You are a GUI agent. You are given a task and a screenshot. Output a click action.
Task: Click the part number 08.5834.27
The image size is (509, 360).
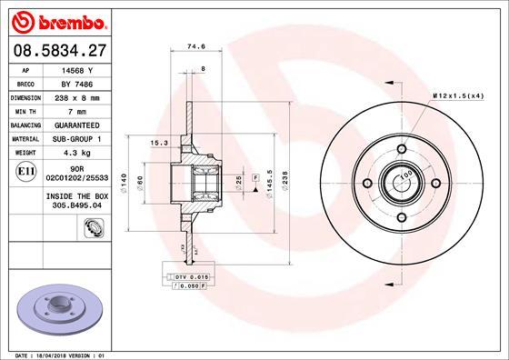(61, 52)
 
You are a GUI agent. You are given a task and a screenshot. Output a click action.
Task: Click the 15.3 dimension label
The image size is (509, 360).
(157, 142)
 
